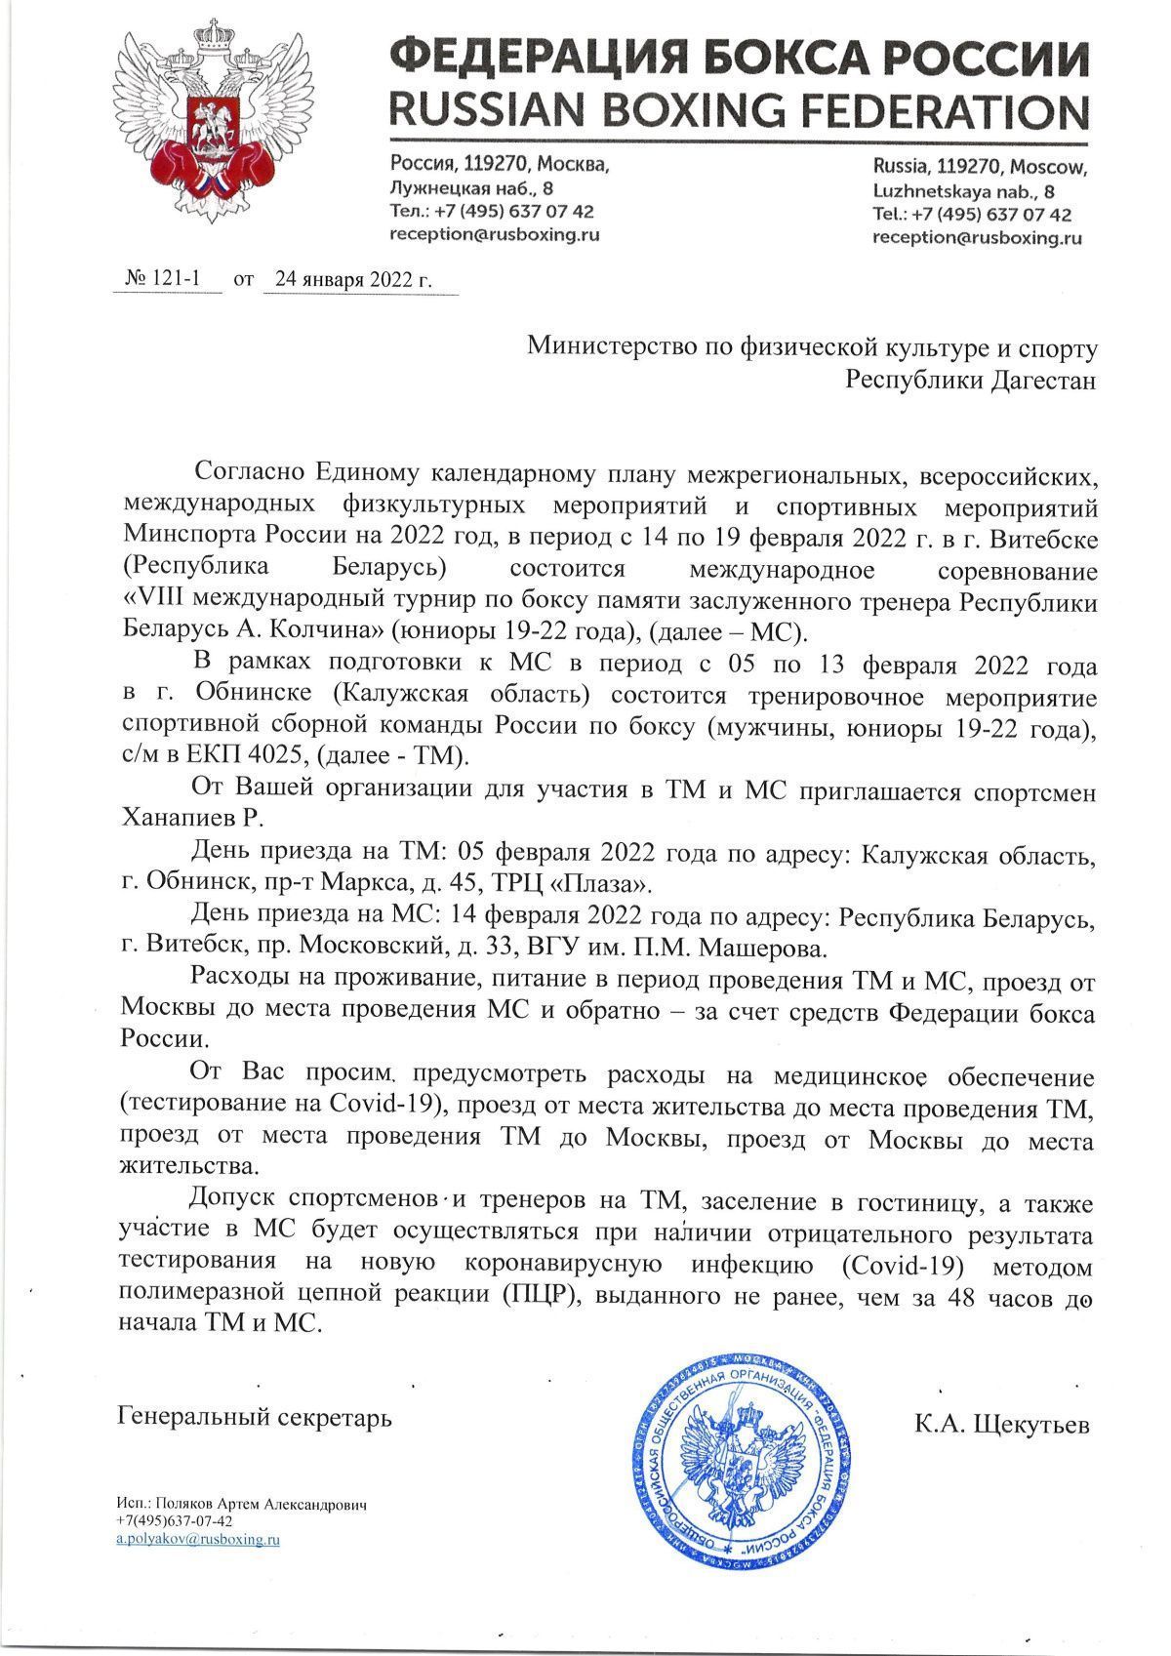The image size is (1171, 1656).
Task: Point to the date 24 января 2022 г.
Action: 352,279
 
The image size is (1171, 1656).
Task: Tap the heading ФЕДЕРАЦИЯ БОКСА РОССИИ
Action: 738,54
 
